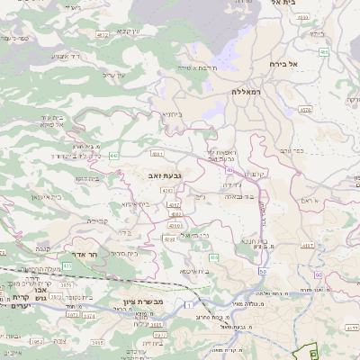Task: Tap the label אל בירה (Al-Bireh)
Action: click(282, 65)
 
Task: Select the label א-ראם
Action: click(311, 199)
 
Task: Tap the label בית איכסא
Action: click(194, 270)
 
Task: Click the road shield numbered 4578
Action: click(304, 110)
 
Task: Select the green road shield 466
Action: click(323, 53)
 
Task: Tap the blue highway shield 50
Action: click(263, 270)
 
